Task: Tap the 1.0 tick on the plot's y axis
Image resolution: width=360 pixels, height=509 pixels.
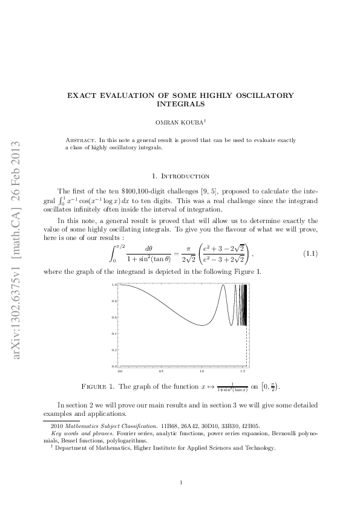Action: coord(114,284)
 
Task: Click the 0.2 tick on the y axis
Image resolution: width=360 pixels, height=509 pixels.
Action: coord(114,350)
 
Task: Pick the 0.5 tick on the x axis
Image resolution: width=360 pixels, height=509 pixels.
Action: coord(161,371)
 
